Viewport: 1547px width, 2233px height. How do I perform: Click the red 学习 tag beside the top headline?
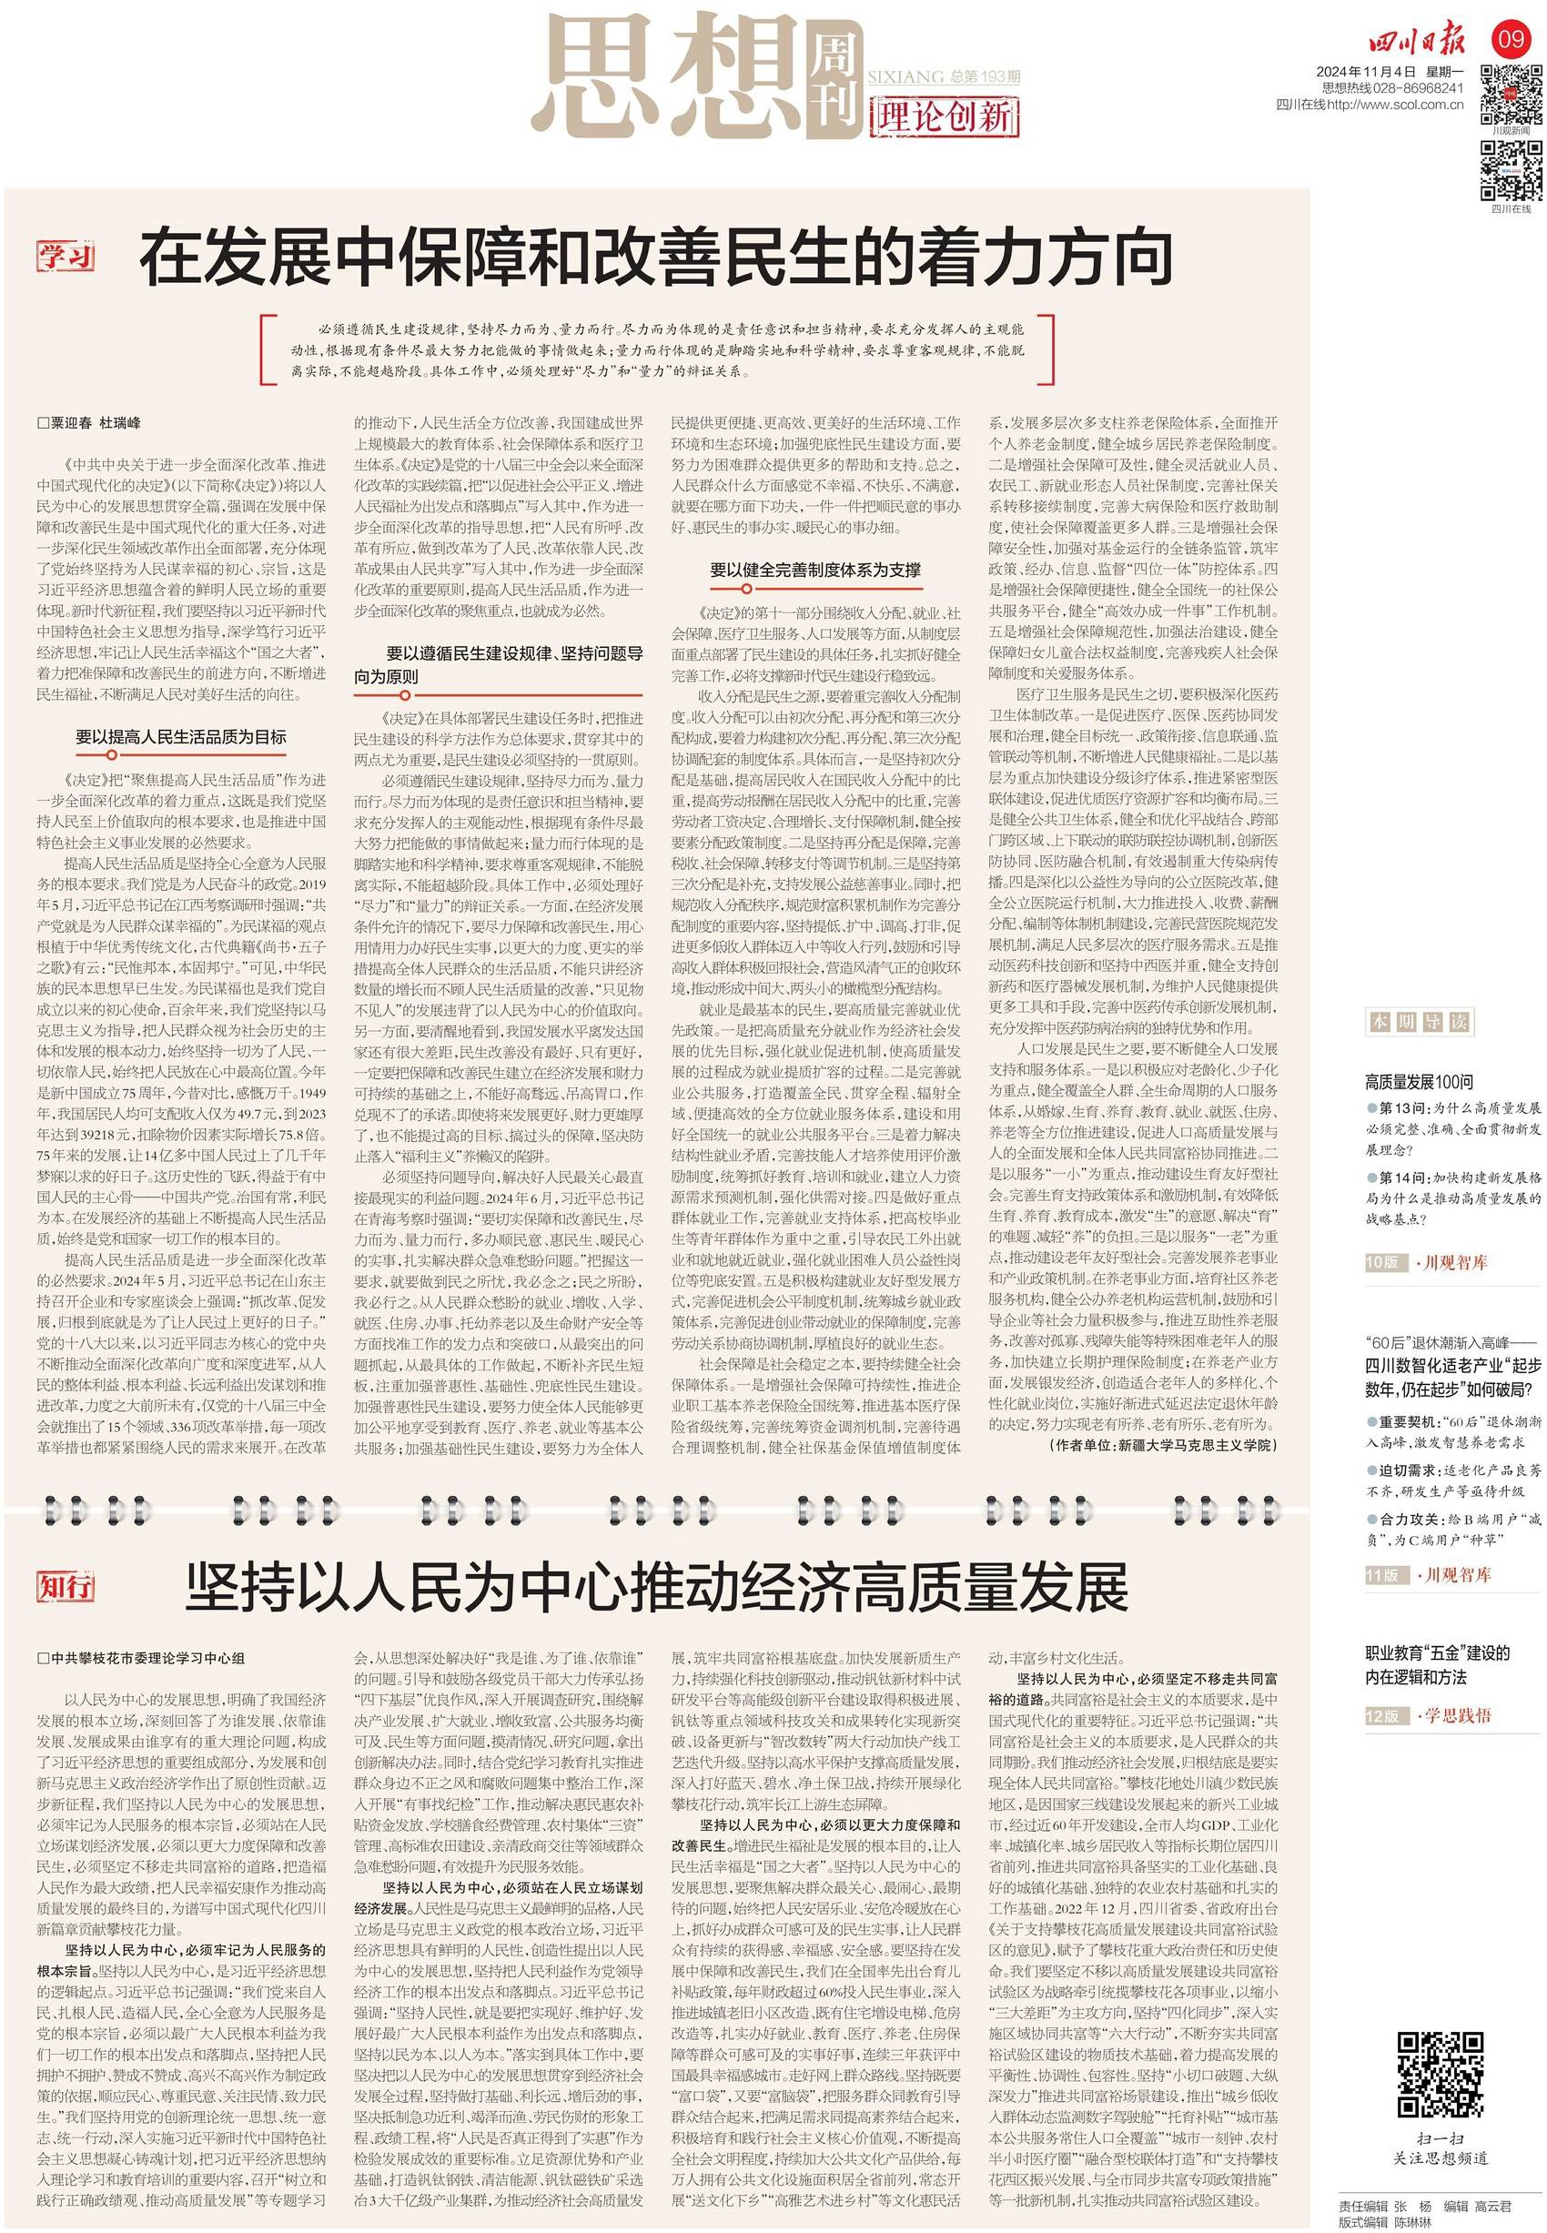(x=66, y=258)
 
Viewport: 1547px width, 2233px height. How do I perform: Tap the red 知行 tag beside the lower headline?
(x=66, y=1587)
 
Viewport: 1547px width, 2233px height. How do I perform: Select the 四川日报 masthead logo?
(x=1417, y=42)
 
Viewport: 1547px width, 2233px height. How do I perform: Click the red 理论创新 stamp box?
(x=943, y=118)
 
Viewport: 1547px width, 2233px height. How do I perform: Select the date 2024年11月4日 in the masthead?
(x=1364, y=71)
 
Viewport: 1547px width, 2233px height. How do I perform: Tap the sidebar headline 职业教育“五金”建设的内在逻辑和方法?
(x=1439, y=1665)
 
